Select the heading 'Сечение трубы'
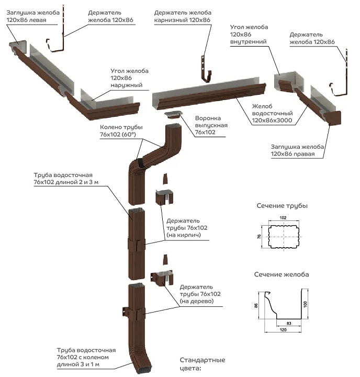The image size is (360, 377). point(282,205)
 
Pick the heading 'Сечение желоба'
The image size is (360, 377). point(282,274)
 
